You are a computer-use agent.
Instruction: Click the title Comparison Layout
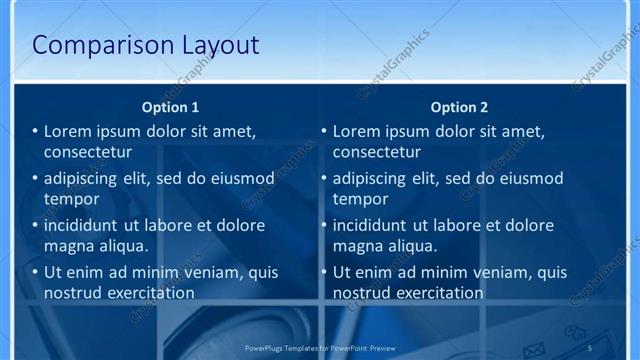tap(146, 45)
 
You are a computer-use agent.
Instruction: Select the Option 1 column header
tap(171, 107)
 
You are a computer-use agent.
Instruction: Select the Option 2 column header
tap(460, 107)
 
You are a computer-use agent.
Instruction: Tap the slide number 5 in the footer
tap(591, 347)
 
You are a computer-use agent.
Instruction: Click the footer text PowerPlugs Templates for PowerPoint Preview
tap(320, 347)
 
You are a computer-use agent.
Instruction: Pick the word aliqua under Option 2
tap(414, 246)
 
